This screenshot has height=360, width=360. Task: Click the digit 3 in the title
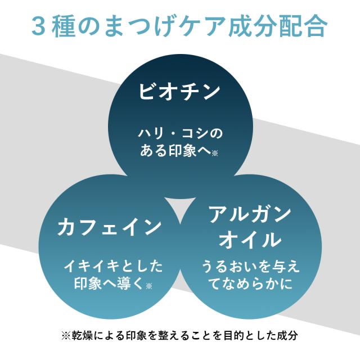tap(38, 26)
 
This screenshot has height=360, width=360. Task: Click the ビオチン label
tap(179, 91)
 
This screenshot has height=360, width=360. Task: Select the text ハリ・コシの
tap(180, 134)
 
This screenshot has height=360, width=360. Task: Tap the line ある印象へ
tap(175, 150)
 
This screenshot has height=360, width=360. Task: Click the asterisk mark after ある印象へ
tap(215, 153)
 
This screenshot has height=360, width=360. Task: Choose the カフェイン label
tap(109, 227)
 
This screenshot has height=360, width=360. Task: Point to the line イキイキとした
tap(113, 267)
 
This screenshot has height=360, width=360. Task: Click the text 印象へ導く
tap(110, 283)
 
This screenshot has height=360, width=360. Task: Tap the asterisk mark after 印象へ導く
tap(148, 286)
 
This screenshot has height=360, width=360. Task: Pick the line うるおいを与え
tap(250, 267)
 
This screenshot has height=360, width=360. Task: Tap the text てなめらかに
tap(250, 283)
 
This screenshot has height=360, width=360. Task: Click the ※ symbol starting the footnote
tap(66, 335)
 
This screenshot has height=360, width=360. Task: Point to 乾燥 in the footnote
tap(82, 335)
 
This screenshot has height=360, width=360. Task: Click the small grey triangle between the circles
tap(180, 208)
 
